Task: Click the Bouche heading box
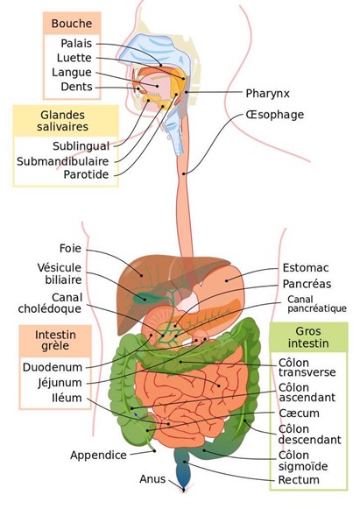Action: (72, 24)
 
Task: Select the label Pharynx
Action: (267, 94)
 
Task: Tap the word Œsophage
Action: (275, 115)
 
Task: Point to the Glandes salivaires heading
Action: (63, 121)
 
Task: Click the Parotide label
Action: (86, 174)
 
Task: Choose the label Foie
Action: (70, 249)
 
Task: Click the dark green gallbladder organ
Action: (144, 297)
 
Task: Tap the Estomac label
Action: (306, 268)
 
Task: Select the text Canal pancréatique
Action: (317, 304)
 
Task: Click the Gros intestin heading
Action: (308, 337)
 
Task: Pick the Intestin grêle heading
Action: (55, 340)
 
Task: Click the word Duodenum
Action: (53, 367)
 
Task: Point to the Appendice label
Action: (98, 455)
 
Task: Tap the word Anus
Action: (152, 479)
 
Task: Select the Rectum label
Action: (299, 480)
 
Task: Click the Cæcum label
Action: (299, 414)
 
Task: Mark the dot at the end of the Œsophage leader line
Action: (184, 174)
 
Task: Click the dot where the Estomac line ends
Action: (227, 280)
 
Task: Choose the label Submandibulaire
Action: (63, 161)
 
